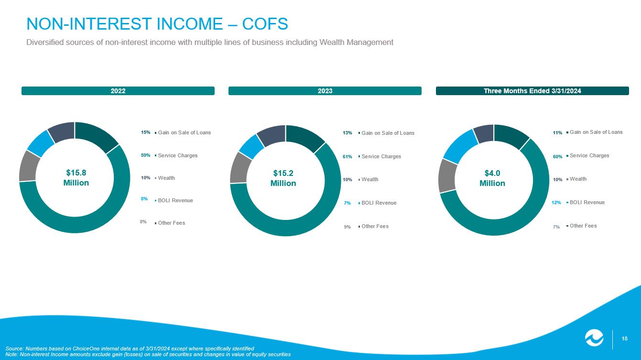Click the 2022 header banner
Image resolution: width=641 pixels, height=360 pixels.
118,91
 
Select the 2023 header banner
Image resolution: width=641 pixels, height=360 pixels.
325,91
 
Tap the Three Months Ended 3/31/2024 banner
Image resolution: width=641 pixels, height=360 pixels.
532,91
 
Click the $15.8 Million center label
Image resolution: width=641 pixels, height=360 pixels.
76,177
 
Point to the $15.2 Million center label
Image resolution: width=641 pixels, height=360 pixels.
283,178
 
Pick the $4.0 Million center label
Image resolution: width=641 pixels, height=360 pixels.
492,178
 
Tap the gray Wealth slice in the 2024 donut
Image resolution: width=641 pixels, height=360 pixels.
446,175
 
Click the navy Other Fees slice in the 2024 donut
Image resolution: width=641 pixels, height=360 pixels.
484,133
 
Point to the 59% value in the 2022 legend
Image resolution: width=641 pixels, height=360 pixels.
146,155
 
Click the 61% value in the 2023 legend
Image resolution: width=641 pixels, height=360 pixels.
348,156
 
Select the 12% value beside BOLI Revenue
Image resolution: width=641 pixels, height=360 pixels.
556,203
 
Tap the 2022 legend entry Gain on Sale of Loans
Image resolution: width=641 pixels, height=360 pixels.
184,132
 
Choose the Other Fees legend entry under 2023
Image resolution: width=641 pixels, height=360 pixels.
375,226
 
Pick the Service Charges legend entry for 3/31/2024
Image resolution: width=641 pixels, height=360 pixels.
589,155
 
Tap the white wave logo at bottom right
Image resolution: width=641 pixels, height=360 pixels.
595,338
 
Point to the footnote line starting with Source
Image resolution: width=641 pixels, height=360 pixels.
130,348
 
